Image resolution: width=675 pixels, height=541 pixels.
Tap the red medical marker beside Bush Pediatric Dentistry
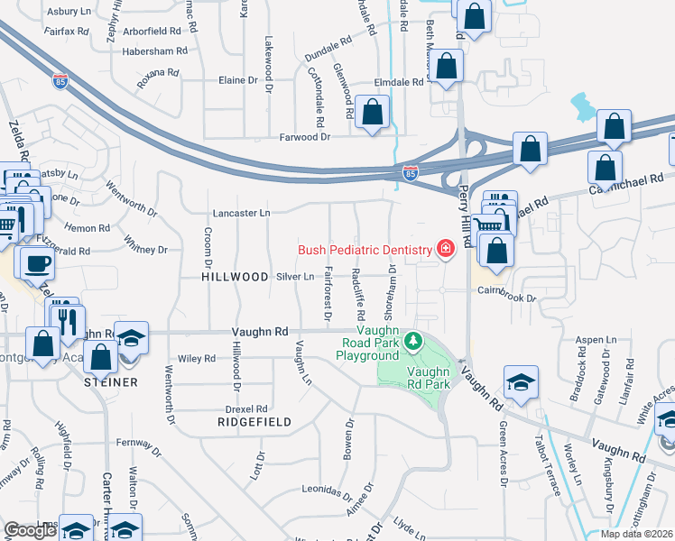pos(444,249)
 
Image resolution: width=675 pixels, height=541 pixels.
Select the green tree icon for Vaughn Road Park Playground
pos(412,340)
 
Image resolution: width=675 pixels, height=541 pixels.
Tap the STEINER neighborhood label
pos(111,382)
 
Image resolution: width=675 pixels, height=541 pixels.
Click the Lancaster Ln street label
pos(241,214)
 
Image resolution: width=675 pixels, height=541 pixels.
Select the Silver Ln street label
pos(296,277)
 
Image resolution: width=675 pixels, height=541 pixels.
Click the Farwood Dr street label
pos(304,137)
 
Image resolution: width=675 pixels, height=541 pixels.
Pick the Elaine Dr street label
pos(239,80)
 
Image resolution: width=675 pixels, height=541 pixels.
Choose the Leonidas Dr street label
pos(326,493)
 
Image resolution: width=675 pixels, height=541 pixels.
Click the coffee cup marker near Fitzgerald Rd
pos(37,263)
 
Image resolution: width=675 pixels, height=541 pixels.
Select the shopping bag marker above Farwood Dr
pos(372,113)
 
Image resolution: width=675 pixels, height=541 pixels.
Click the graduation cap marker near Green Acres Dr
pos(521,383)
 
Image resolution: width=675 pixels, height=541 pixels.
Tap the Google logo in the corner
pos(32,530)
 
